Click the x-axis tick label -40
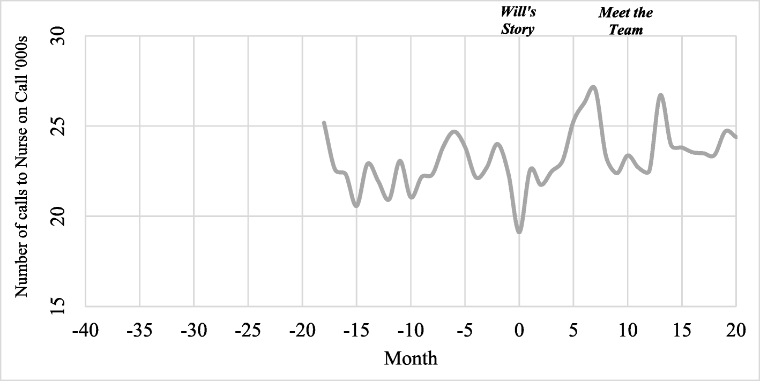click(x=85, y=331)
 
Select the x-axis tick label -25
click(x=248, y=331)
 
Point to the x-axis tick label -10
click(x=410, y=331)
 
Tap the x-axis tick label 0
click(x=519, y=331)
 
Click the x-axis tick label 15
click(x=681, y=331)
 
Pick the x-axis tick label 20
click(x=736, y=331)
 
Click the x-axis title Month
click(x=411, y=357)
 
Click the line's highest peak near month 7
click(x=593, y=87)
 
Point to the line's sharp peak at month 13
click(x=660, y=95)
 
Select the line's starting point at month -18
click(x=324, y=123)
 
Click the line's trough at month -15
click(x=356, y=205)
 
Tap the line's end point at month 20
click(x=736, y=137)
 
